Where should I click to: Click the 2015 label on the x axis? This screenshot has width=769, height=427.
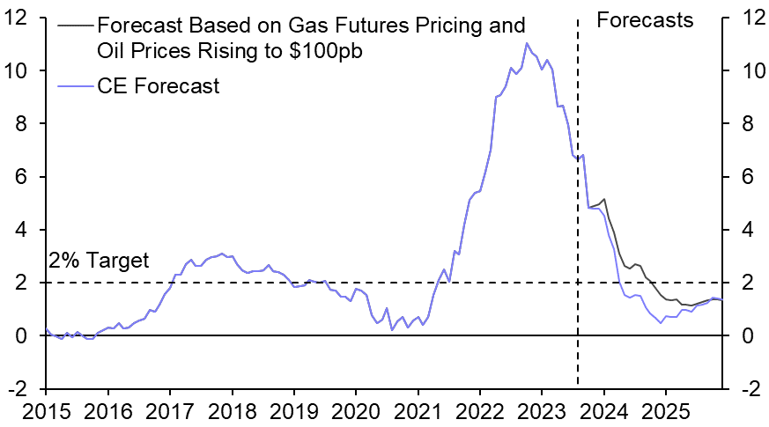click(x=46, y=411)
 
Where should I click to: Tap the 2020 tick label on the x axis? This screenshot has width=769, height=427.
click(x=356, y=411)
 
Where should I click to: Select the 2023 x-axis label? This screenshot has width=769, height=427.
click(x=542, y=411)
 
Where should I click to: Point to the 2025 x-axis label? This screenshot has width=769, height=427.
click(x=666, y=411)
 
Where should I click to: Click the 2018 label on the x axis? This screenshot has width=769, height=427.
click(x=232, y=411)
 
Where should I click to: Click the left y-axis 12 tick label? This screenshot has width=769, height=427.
click(x=22, y=18)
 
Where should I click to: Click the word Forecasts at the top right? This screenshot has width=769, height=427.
click(x=645, y=19)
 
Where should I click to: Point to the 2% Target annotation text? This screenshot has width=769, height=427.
click(x=98, y=261)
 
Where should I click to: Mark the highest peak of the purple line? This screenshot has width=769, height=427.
click(x=527, y=43)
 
